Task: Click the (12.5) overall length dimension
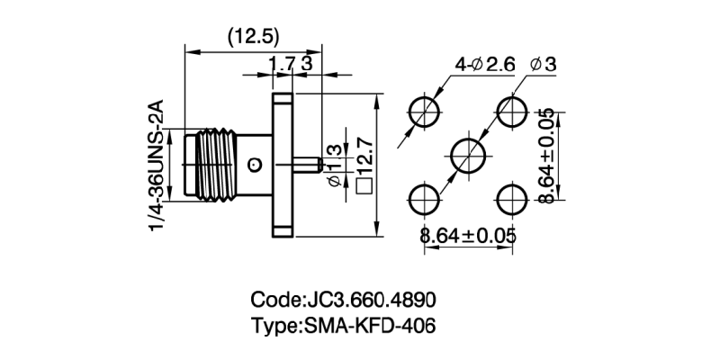(255, 37)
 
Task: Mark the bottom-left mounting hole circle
(424, 199)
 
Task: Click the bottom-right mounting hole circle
(512, 199)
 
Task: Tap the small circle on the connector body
(255, 165)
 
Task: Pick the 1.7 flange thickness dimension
(282, 64)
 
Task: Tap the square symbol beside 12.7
(364, 187)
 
